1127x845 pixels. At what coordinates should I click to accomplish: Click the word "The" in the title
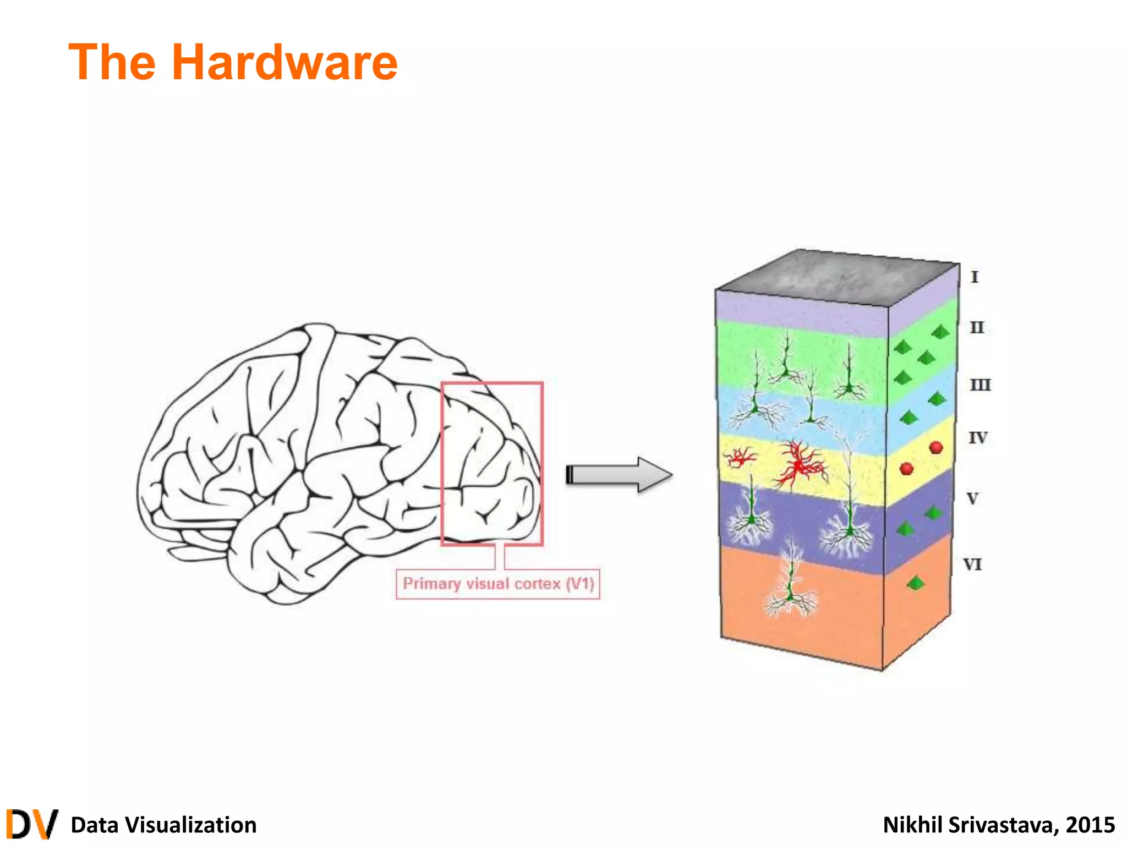(x=112, y=63)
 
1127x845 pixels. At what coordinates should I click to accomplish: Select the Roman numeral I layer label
(x=975, y=277)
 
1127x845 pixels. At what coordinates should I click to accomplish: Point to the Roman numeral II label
(x=977, y=327)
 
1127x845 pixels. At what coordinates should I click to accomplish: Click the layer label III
(x=980, y=385)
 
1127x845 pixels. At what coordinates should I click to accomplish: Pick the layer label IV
(x=978, y=438)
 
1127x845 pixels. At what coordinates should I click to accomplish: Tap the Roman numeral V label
(x=973, y=498)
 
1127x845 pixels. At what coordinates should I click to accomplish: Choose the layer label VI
(x=972, y=564)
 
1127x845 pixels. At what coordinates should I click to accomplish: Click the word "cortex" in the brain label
(x=537, y=584)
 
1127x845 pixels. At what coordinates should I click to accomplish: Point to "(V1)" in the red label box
(x=581, y=584)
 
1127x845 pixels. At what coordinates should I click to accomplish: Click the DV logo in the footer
(x=32, y=824)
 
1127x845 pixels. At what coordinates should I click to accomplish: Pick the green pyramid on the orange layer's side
(x=915, y=583)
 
